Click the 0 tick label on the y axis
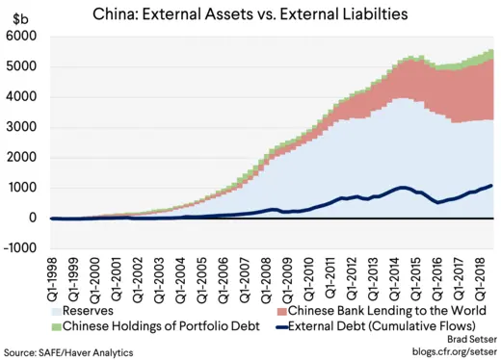[33, 218]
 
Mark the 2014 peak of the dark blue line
[403, 187]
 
